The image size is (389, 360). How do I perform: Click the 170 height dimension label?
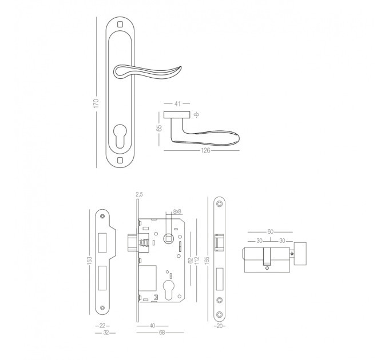96,103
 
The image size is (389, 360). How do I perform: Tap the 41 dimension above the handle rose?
177,103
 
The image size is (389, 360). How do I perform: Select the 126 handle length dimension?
206,150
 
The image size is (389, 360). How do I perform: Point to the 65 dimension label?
159,128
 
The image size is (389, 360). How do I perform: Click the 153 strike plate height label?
90,260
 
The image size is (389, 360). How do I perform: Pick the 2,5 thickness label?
139,194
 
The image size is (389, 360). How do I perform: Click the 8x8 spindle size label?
177,211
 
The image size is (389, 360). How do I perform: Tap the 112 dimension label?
197,260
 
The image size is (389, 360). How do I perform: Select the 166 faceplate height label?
207,260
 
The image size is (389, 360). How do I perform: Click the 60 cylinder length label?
270,231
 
